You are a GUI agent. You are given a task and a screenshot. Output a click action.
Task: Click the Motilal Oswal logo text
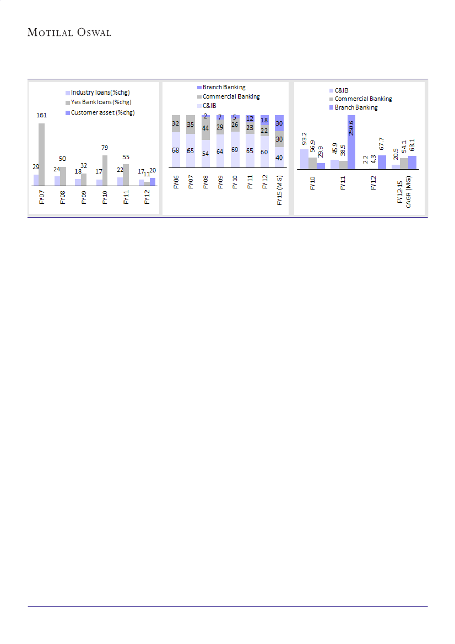pos(69,33)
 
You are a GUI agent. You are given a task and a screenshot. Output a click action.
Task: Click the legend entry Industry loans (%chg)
pos(100,92)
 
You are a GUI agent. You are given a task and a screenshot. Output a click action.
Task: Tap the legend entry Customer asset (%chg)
pos(102,112)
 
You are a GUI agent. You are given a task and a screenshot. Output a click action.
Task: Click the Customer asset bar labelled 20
pos(153,181)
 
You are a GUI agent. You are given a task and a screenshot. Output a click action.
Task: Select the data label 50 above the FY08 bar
pos(63,159)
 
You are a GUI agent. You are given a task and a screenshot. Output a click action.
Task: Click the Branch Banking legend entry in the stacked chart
pos(224,87)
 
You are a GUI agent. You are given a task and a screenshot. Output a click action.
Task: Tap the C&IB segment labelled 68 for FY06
pos(176,150)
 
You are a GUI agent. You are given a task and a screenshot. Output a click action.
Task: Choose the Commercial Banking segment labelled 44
pos(205,128)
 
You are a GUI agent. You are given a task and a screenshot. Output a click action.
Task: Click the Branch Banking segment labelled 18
pos(264,120)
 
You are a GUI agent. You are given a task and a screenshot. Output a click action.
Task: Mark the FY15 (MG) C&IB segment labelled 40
pos(279,157)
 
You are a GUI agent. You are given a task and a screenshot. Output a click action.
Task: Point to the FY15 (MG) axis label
pos(280,190)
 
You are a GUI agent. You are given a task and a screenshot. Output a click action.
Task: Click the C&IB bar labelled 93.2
pos(304,158)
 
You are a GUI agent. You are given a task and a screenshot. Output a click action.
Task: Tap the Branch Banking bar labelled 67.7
pos(382,161)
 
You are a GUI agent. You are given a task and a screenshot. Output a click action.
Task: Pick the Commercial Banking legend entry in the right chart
pos(363,99)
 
